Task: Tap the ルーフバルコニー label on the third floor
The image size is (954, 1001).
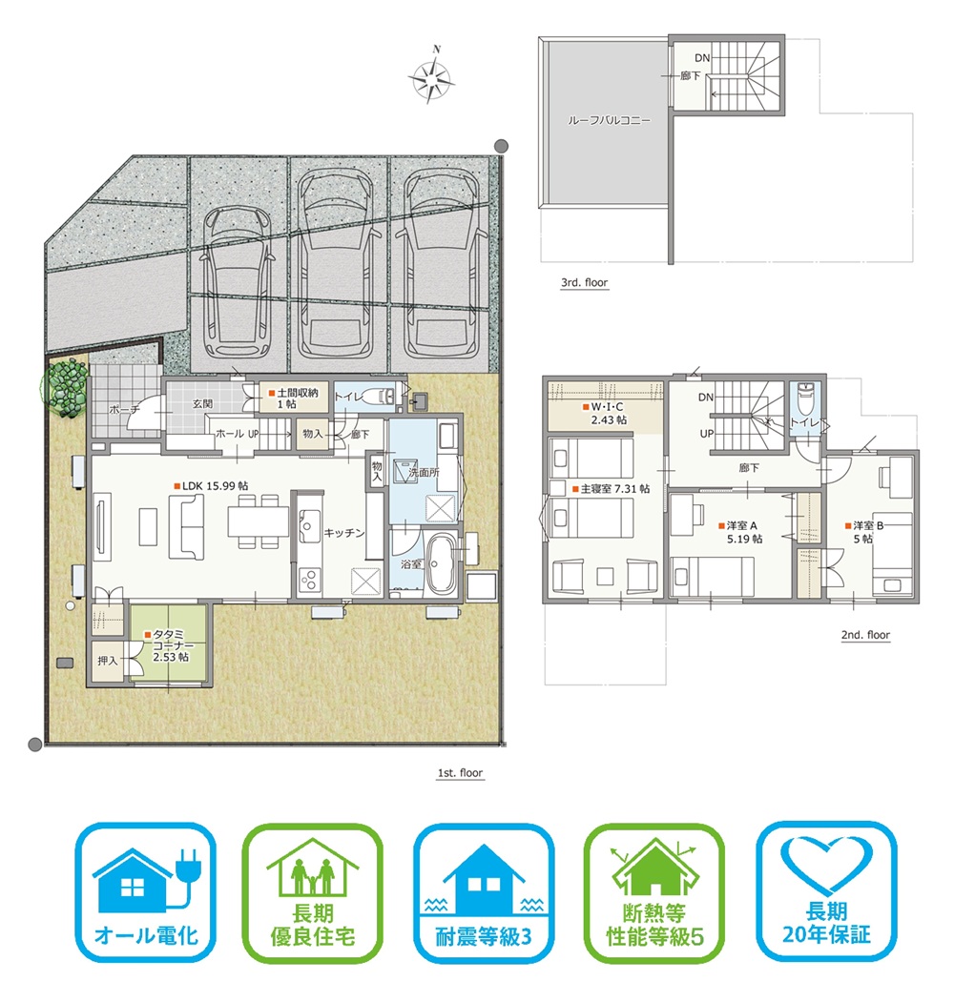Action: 609,120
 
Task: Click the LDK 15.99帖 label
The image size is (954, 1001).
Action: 212,486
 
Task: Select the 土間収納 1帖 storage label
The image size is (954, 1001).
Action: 293,398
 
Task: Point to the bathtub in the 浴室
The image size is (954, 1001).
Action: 440,563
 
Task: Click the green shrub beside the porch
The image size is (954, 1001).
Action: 65,388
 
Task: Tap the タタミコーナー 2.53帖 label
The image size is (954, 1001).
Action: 169,645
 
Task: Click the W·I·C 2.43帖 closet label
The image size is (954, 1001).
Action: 605,413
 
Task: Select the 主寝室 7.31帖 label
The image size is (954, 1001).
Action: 611,488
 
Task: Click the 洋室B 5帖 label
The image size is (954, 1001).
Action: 865,532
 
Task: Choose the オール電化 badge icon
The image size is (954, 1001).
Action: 146,891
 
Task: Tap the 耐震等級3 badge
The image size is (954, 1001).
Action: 484,892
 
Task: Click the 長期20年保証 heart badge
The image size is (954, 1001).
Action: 827,891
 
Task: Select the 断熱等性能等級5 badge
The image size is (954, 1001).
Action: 654,892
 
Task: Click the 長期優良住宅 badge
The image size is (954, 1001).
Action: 313,892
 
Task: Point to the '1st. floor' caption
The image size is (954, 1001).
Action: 460,773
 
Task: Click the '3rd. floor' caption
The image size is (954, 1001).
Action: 584,282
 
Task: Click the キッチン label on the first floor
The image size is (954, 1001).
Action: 343,532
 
